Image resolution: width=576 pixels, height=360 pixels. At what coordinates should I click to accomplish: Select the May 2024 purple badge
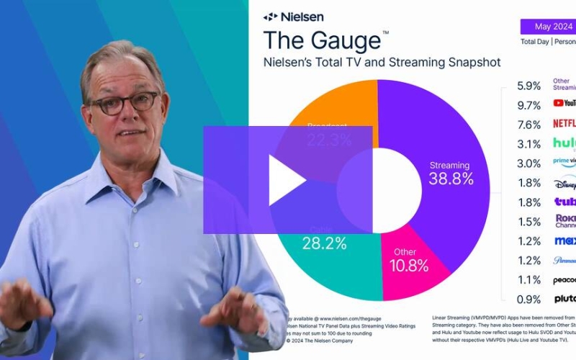(552, 27)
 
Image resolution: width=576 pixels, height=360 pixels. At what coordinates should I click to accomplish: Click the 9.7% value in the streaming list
(528, 105)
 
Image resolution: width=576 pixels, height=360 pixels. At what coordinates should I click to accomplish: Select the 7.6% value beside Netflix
(528, 124)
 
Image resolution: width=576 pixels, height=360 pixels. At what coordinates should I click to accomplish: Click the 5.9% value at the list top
(528, 85)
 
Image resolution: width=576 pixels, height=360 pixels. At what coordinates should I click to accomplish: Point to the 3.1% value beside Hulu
(528, 144)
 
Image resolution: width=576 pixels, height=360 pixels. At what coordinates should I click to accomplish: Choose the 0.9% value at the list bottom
(528, 299)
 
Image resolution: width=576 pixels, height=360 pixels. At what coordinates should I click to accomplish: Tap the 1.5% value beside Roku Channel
(528, 222)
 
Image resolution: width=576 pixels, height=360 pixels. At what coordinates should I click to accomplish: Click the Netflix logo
(564, 123)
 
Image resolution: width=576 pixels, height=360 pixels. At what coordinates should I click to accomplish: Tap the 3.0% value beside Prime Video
(528, 163)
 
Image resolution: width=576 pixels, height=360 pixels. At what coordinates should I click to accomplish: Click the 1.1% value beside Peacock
(528, 279)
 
